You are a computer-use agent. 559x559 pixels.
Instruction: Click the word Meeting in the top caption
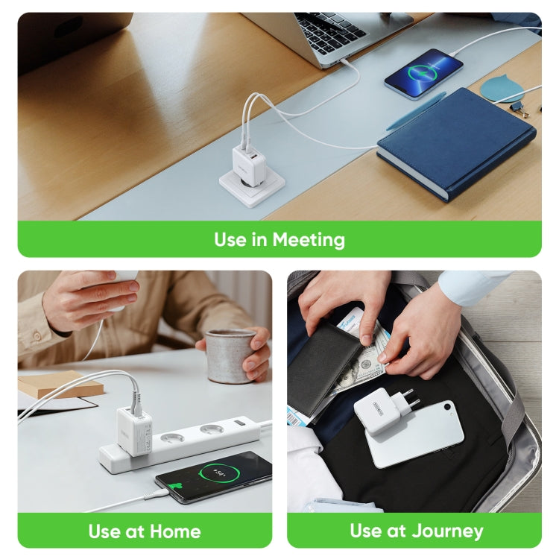pos(309,240)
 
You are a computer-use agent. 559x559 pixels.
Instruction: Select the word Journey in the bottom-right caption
pos(446,531)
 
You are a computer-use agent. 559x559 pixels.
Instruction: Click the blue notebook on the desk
pos(455,142)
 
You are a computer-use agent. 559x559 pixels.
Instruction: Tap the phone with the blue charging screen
pos(423,72)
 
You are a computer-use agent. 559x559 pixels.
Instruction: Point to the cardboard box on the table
pos(60,383)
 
